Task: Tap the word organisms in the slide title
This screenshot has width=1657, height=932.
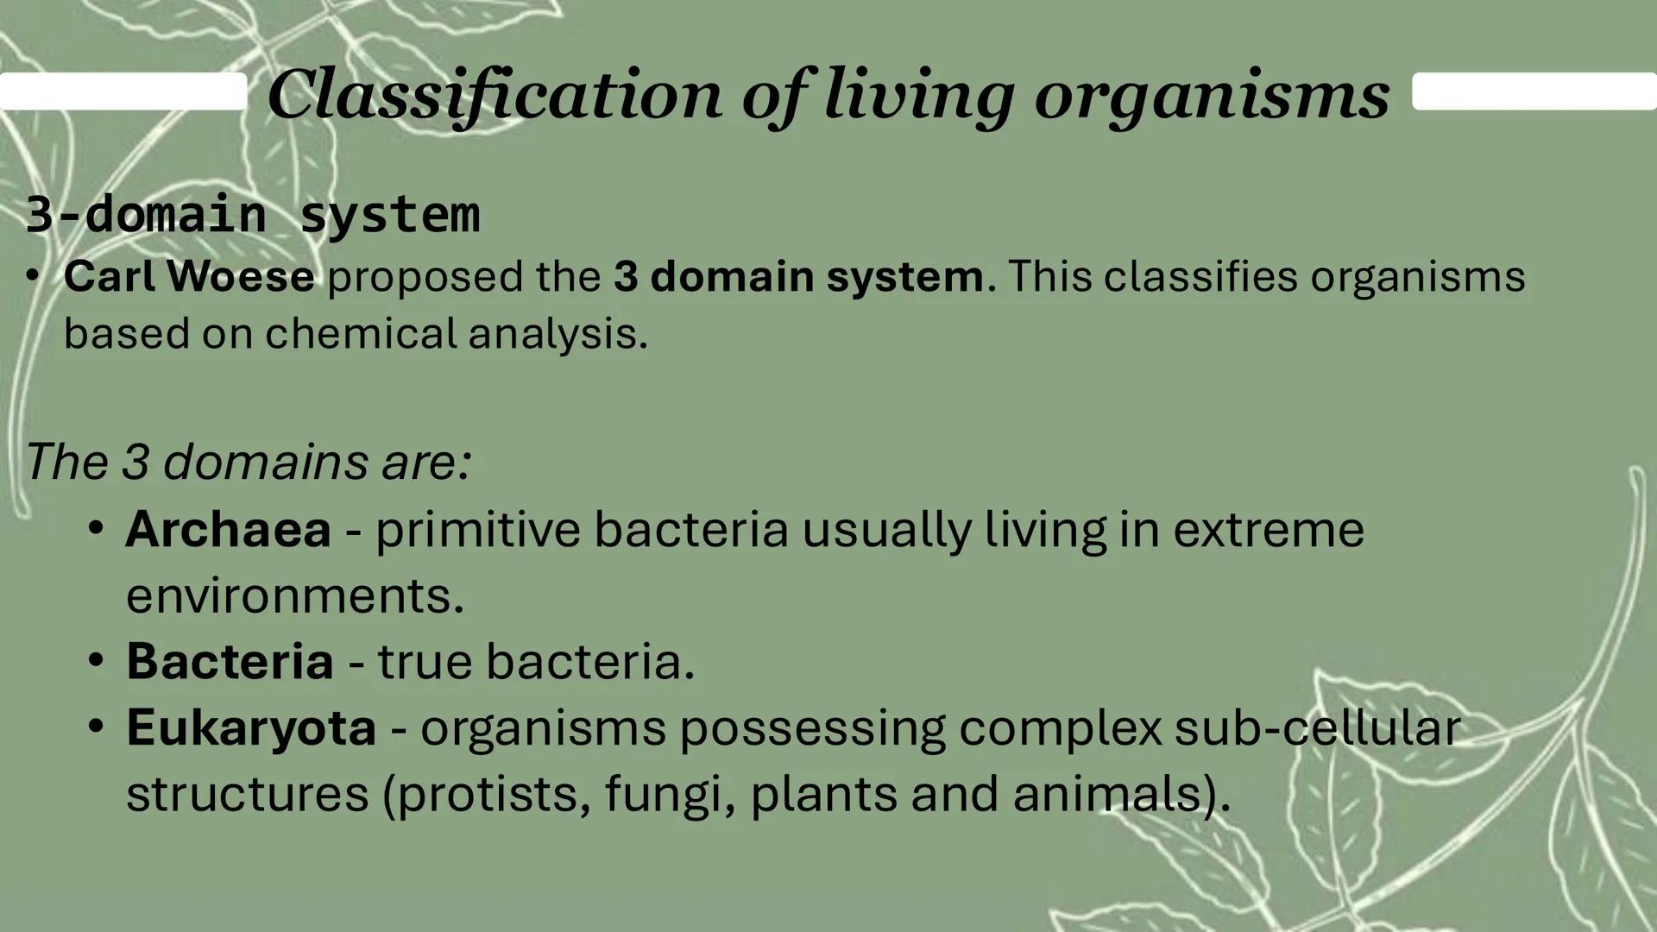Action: click(1212, 95)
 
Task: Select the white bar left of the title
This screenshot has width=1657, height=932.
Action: click(123, 91)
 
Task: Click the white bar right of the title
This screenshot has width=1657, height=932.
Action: click(1534, 91)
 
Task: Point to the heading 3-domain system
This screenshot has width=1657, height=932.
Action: click(252, 214)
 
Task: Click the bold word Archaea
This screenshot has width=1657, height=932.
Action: click(228, 529)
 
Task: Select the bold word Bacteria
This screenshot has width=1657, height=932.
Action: click(230, 661)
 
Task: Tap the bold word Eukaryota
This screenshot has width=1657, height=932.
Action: click(251, 727)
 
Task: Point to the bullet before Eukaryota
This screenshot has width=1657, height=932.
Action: click(96, 727)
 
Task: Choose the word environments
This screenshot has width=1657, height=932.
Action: click(294, 595)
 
